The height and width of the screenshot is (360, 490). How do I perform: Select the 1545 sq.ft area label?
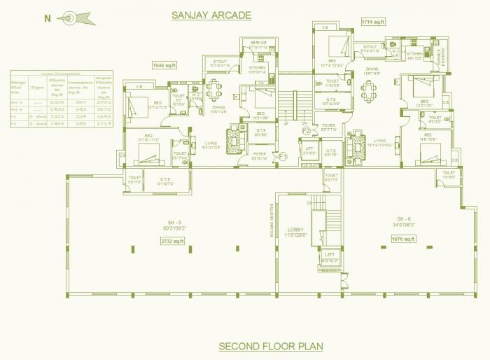point(166,65)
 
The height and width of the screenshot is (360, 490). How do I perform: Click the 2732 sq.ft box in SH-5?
point(171,240)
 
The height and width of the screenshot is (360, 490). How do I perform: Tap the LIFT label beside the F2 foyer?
point(310,149)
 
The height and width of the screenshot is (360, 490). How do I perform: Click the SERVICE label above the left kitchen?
point(257,43)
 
